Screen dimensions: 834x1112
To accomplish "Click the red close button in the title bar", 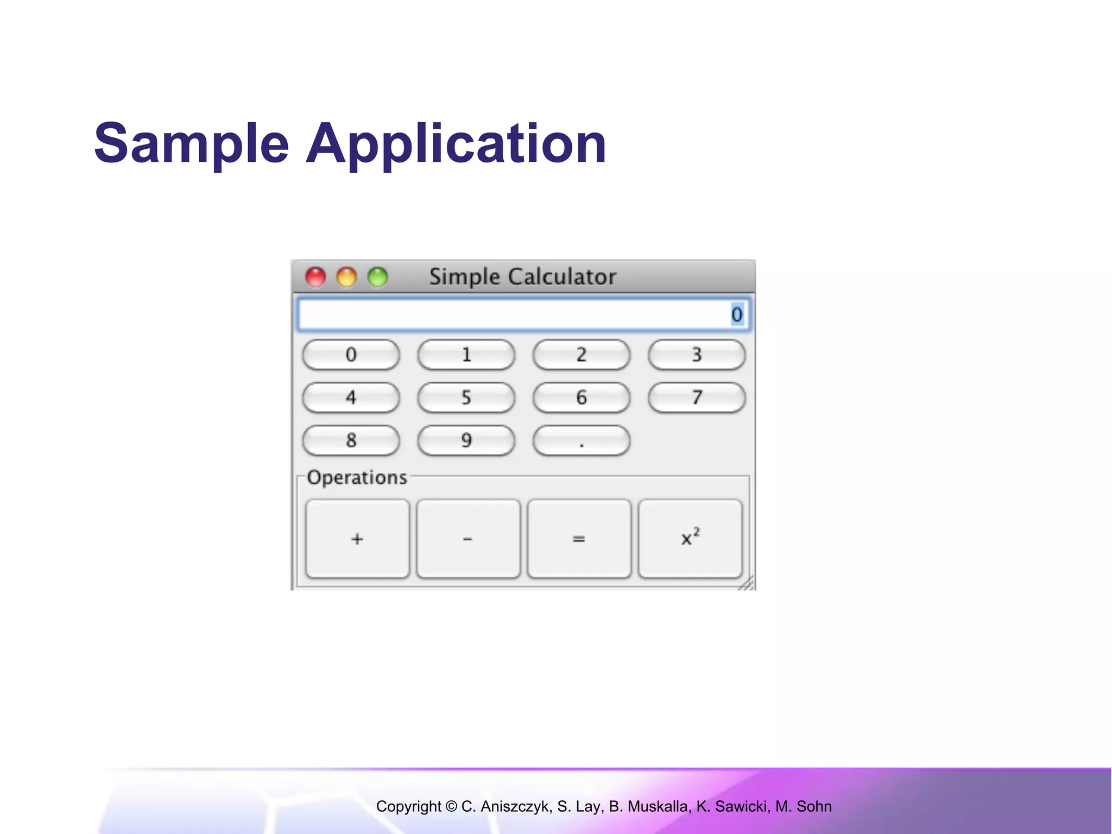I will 315,277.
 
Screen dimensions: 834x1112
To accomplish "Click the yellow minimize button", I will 346,277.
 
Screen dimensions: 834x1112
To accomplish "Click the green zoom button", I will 377,277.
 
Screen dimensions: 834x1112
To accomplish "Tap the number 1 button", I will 466,355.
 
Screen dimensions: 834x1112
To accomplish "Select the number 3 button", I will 697,355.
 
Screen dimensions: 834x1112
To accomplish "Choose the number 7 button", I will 697,397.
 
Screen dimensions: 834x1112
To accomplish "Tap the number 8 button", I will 351,440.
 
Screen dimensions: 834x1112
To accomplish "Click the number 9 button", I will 466,440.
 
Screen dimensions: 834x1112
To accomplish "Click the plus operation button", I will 357,539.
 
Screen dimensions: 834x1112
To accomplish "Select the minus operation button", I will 468,539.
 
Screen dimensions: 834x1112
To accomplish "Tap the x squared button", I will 690,539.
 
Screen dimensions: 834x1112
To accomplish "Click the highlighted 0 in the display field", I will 737,314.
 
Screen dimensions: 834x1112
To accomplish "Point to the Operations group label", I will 357,477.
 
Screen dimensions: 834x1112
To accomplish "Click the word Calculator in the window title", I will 562,277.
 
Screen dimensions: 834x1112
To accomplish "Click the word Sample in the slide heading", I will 191,143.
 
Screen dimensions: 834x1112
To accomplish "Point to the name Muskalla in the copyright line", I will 656,806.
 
